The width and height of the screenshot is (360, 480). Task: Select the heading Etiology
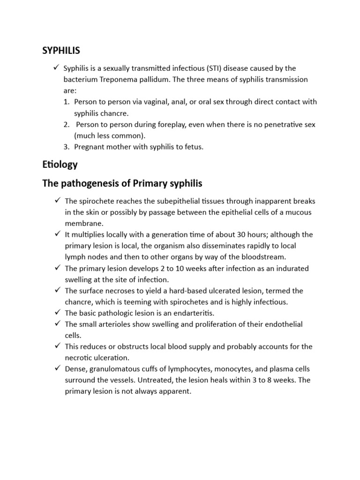pyautogui.click(x=60, y=165)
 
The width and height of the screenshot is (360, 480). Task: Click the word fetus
pyautogui.click(x=192, y=147)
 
